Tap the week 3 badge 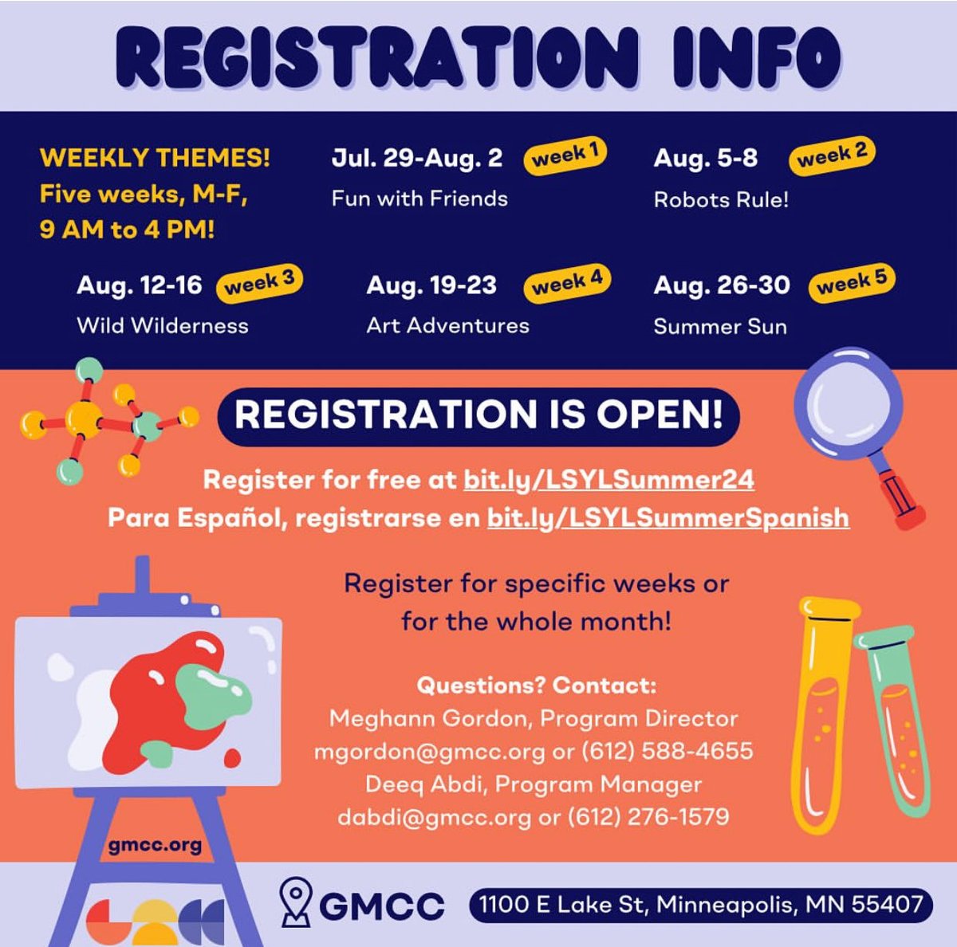(x=259, y=282)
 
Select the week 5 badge (x=852, y=282)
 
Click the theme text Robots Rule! (x=721, y=199)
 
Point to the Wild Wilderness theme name (x=163, y=325)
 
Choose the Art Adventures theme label (x=447, y=325)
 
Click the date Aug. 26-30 (x=722, y=285)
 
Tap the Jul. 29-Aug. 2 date (x=417, y=158)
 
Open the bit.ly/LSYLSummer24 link (x=608, y=480)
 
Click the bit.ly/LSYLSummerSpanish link (x=668, y=518)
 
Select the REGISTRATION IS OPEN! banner (x=478, y=415)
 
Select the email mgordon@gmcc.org (x=429, y=751)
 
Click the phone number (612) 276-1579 (x=648, y=816)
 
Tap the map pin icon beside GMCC (x=297, y=902)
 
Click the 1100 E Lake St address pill (x=700, y=905)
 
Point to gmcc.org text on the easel (x=156, y=845)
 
